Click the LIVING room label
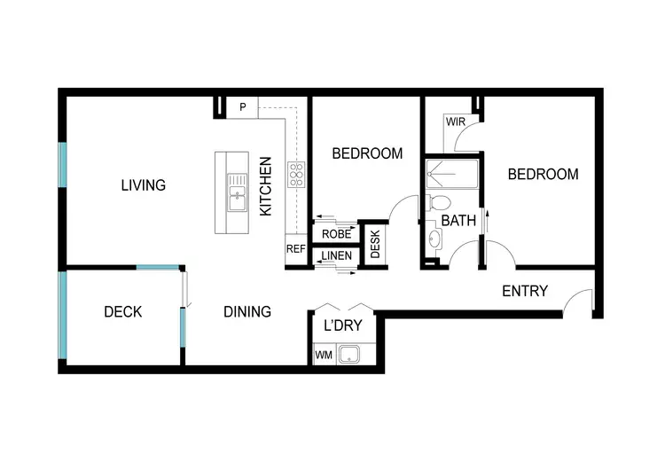click(x=144, y=185)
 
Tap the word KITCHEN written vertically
click(x=265, y=186)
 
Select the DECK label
click(x=122, y=312)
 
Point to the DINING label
click(x=246, y=312)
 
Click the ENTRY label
click(x=524, y=291)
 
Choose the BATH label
click(x=458, y=220)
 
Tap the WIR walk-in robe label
click(x=455, y=121)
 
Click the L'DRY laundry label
click(x=342, y=325)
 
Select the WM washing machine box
click(x=323, y=356)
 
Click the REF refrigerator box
click(x=295, y=249)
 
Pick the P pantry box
click(x=242, y=108)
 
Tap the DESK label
click(x=375, y=244)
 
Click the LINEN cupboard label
click(x=336, y=257)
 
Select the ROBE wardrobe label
click(x=336, y=235)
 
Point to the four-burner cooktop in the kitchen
click(x=295, y=174)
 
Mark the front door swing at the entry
click(x=580, y=302)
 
